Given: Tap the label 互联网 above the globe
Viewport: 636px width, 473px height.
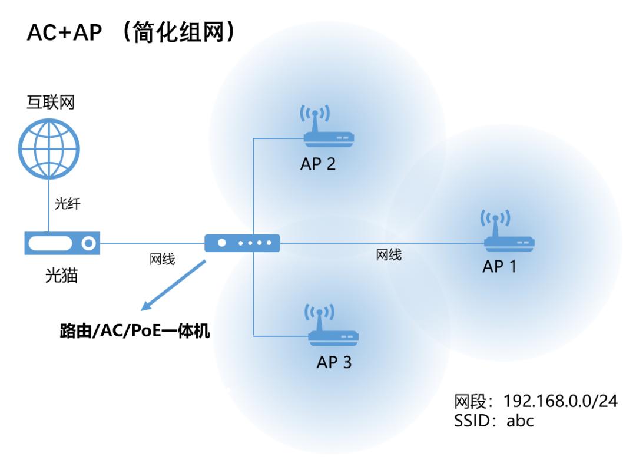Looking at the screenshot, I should (51, 104).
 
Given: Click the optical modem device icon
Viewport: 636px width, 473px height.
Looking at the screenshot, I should (62, 243).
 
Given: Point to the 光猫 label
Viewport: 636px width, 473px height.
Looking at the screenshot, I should (61, 275).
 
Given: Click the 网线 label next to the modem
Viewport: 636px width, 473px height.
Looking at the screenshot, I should (162, 259).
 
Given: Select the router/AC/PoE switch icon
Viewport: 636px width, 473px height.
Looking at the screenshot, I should (242, 243).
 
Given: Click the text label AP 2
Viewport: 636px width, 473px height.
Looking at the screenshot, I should (318, 164).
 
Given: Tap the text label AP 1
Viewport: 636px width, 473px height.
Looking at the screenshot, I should (499, 266).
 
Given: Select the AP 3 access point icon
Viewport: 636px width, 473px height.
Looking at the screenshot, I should (333, 327).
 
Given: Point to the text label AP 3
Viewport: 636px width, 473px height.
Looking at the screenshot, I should (334, 362).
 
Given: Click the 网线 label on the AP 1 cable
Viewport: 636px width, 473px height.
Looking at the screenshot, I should (389, 255).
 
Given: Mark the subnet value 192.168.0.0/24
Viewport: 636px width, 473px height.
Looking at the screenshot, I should (561, 402).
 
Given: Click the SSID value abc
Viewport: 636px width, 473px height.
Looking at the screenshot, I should (520, 421).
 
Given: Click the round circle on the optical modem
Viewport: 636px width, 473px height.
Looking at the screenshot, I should (89, 243).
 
